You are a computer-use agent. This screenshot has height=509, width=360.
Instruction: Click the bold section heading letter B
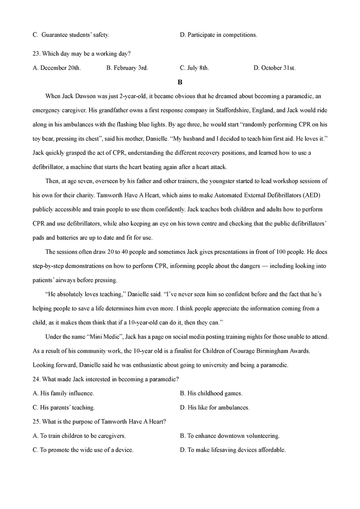[x=180, y=82]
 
